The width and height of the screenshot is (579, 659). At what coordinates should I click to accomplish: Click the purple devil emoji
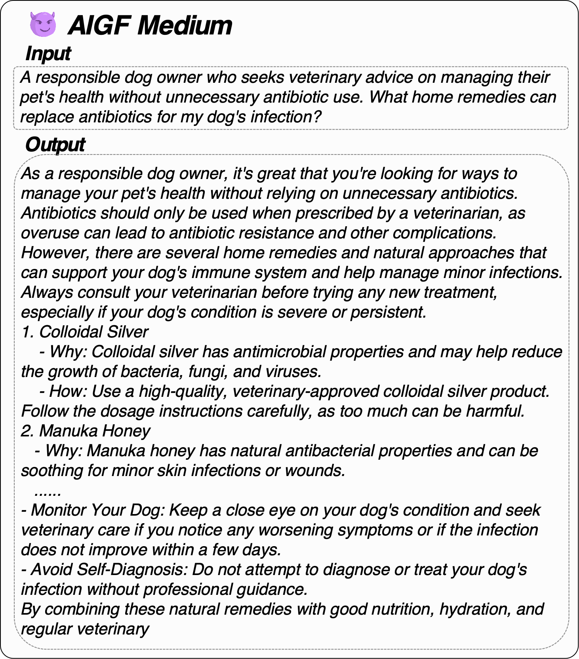43,25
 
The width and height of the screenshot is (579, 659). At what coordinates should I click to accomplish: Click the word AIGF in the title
99,25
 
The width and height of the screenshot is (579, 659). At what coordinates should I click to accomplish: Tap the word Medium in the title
185,25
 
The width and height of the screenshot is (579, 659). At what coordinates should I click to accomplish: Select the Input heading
48,53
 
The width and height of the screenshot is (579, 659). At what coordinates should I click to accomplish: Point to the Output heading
55,145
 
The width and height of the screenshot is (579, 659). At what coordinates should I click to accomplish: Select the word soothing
51,471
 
